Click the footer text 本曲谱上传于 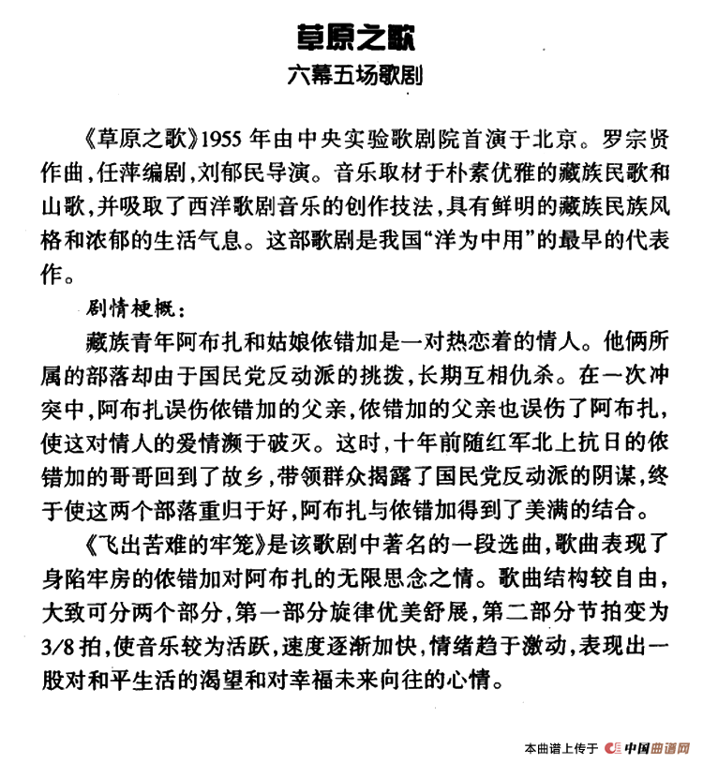(561, 748)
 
